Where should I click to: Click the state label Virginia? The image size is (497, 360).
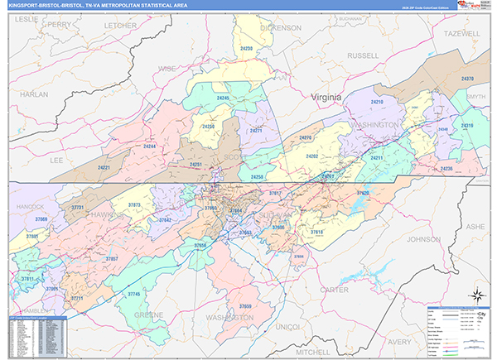point(326,98)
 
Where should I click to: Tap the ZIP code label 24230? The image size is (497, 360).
point(246,50)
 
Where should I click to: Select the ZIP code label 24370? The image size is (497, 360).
point(467,79)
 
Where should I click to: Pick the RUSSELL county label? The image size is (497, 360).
point(362,56)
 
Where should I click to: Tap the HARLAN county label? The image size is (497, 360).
point(34,94)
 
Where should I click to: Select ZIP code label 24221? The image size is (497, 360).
point(104,168)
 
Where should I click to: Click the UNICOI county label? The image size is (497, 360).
point(287,327)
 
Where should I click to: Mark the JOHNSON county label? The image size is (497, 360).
point(422,239)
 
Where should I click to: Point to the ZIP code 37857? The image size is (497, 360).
point(112,259)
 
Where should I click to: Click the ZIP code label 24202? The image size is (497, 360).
point(312,156)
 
